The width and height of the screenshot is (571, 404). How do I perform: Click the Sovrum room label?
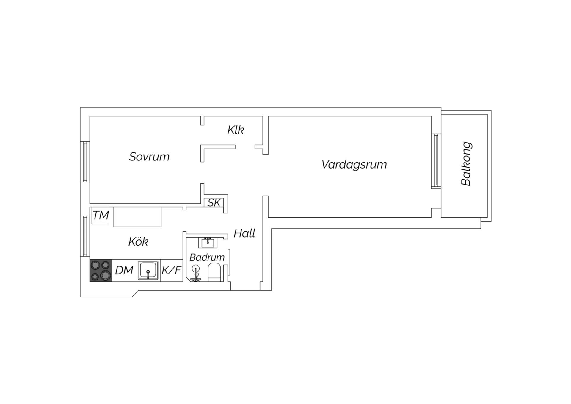pos(149,157)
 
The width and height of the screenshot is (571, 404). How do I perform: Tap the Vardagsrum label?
pos(354,165)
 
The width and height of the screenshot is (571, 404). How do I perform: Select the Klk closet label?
pos(236,130)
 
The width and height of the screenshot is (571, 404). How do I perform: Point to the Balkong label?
pos(466,164)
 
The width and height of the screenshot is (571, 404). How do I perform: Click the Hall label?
pos(244,233)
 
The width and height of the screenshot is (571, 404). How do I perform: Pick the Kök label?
pos(138,241)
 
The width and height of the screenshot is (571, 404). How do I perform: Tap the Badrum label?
pos(207,257)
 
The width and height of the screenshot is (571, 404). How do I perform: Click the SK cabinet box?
pos(214,202)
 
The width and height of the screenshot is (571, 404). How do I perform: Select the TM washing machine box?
pos(101,215)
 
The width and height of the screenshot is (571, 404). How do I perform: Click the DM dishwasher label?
pos(124,270)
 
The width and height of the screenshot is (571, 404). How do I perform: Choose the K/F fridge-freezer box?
pos(172,270)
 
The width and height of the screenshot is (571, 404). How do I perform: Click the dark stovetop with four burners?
pos(101,270)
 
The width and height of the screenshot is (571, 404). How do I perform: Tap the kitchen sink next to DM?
pos(148,270)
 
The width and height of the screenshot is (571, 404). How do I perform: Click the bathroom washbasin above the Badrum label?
pos(208,243)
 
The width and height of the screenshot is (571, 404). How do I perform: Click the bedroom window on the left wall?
pos(85,162)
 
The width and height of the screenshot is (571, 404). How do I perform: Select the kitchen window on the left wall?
pos(85,236)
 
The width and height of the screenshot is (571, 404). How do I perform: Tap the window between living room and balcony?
pos(436,161)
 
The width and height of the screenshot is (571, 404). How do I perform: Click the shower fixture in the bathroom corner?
pos(195,273)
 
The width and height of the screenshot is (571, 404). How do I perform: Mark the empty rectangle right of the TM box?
pos(137,217)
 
